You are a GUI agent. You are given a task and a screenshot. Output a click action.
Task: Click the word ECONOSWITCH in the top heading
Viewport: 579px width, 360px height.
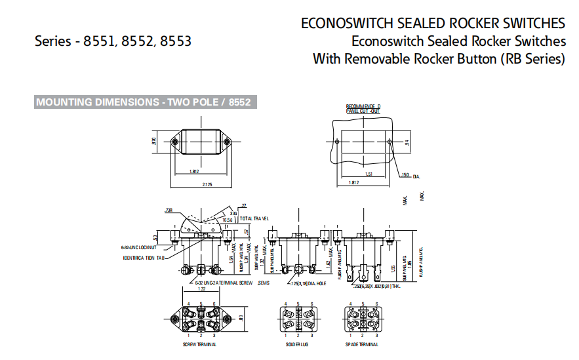coord(347,23)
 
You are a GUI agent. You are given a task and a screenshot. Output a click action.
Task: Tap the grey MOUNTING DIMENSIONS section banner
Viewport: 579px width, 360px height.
coord(144,102)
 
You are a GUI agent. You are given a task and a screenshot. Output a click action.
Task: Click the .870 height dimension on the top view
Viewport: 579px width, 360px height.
coord(154,141)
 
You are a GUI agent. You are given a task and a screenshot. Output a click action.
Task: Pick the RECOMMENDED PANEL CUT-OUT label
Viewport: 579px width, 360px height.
coord(363,109)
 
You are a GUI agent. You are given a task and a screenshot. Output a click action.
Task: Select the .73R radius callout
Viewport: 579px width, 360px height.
coord(169,210)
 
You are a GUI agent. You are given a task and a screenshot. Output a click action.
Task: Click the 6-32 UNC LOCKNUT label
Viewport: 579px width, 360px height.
coord(138,247)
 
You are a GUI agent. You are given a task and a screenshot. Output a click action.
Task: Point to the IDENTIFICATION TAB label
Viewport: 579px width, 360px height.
coord(143,258)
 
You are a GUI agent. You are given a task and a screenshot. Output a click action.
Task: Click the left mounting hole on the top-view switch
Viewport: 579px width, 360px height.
coord(174,142)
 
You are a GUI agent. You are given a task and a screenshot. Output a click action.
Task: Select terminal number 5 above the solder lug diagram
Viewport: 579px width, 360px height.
coord(298,304)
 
